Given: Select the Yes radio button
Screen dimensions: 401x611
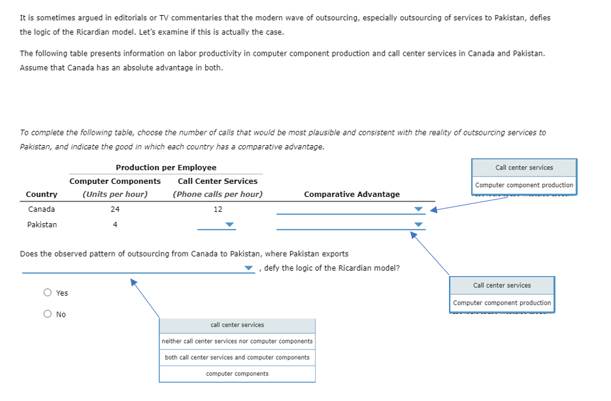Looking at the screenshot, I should point(48,293).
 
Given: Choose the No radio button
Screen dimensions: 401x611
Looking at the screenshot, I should point(48,315).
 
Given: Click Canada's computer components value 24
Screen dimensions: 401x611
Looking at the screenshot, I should point(115,209).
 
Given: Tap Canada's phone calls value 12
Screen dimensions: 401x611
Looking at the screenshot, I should point(218,209).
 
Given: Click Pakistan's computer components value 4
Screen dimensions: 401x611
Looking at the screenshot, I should point(115,224).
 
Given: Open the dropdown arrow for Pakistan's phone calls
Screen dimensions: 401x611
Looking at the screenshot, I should point(229,224).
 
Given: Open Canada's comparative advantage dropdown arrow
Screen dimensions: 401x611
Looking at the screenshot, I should point(419,209).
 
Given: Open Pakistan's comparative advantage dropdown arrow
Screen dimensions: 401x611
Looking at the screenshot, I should point(419,224).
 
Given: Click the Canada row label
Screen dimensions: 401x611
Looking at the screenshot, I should point(42,209).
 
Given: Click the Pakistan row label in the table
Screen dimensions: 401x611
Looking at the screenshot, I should point(42,224).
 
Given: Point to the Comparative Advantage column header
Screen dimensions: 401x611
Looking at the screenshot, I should point(352,194).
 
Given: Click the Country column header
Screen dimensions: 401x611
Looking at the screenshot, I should point(42,194).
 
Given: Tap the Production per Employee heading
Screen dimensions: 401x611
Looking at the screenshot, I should point(166,167).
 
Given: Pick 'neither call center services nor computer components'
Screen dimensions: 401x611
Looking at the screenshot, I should point(237,341).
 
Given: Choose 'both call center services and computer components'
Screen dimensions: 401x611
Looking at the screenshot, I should point(237,358).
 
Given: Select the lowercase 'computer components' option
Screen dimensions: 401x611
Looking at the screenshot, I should point(237,374).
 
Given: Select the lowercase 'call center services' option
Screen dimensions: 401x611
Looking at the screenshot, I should point(237,325).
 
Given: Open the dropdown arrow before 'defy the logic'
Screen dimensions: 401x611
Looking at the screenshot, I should point(249,268).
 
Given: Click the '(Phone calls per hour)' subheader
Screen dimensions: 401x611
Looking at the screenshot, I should point(218,194).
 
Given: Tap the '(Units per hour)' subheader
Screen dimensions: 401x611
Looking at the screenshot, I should point(115,194).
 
